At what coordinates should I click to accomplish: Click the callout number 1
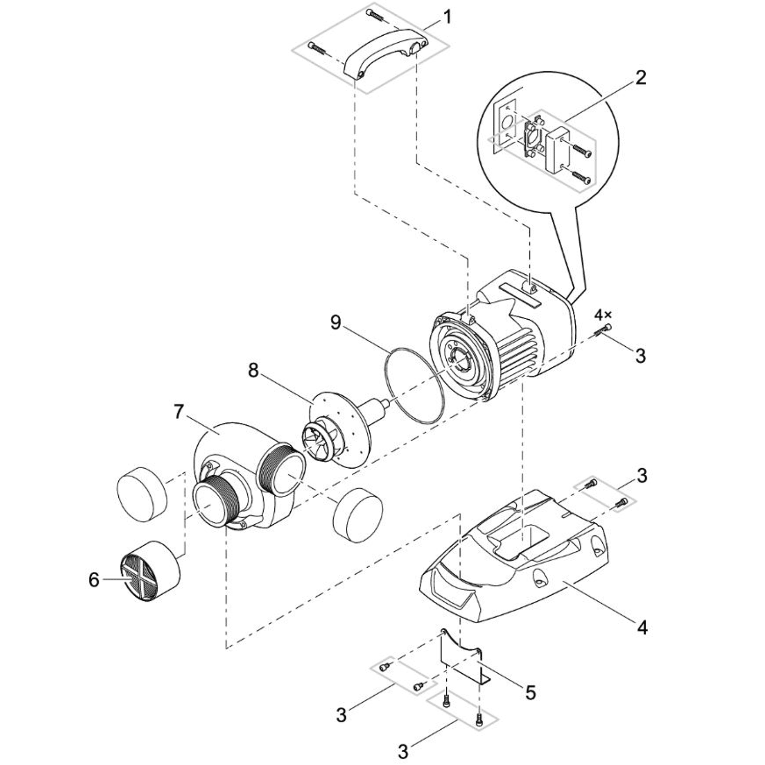point(447,17)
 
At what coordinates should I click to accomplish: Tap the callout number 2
point(640,78)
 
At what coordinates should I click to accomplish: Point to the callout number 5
point(530,692)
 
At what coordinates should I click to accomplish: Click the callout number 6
point(94,580)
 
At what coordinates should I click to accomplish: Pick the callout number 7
point(178,412)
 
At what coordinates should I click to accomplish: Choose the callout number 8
point(253,371)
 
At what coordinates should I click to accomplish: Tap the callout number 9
point(335,323)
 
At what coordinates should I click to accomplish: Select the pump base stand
point(513,556)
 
